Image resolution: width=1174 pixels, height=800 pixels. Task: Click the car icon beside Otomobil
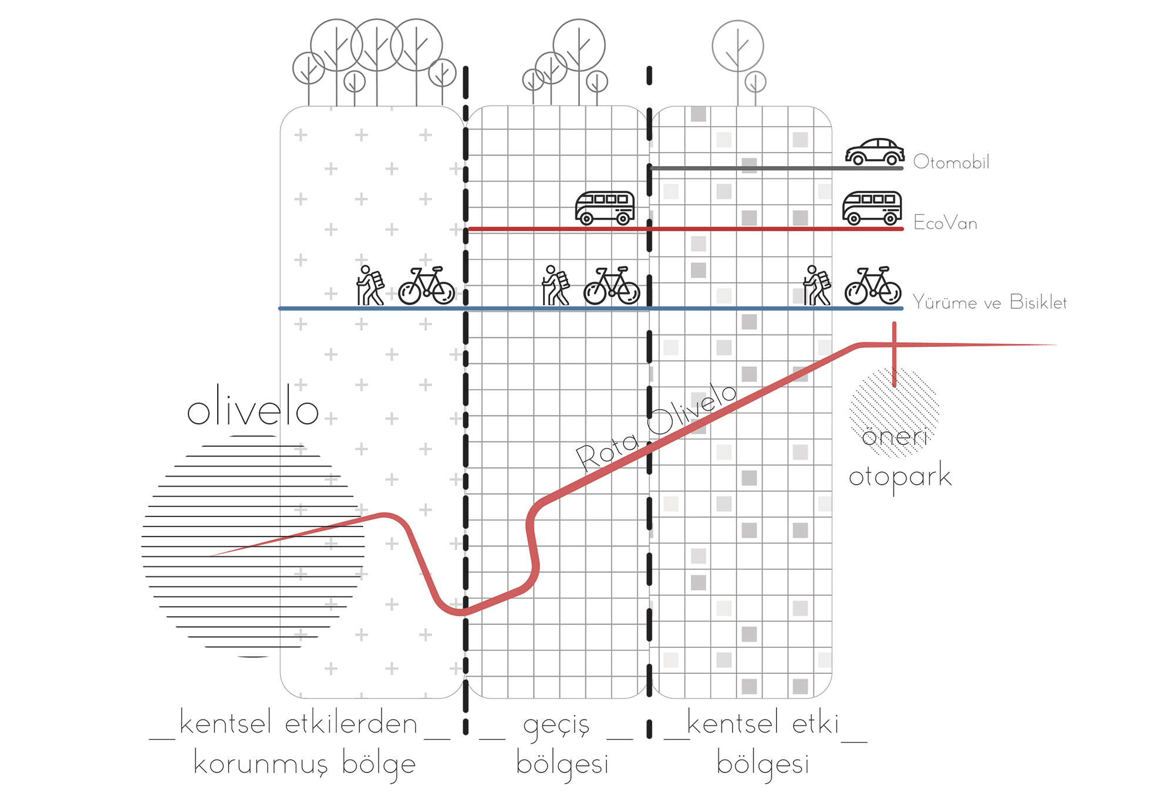pyautogui.click(x=875, y=152)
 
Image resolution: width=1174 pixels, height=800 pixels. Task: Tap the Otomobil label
pyautogui.click(x=951, y=162)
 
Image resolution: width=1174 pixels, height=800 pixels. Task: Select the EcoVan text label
pyautogui.click(x=945, y=223)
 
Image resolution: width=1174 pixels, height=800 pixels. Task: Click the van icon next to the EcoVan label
pyautogui.click(x=872, y=208)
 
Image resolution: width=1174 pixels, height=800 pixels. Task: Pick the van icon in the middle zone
pyautogui.click(x=605, y=208)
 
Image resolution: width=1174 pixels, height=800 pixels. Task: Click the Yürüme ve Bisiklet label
pyautogui.click(x=989, y=302)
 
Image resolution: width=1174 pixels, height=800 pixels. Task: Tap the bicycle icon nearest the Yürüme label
pyautogui.click(x=873, y=286)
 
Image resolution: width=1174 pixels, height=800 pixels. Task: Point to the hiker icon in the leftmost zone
pyautogui.click(x=370, y=286)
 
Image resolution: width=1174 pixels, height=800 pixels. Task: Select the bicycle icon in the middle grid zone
pyautogui.click(x=612, y=286)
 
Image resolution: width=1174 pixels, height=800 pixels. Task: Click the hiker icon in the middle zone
pyautogui.click(x=555, y=286)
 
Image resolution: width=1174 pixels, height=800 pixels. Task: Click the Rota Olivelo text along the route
pyautogui.click(x=655, y=427)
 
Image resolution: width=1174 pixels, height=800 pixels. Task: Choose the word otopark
pyautogui.click(x=899, y=477)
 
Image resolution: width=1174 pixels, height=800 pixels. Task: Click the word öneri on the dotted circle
pyautogui.click(x=894, y=437)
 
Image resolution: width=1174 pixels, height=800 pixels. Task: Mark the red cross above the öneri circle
pyautogui.click(x=894, y=346)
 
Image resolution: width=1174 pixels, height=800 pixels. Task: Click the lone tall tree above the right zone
pyautogui.click(x=738, y=53)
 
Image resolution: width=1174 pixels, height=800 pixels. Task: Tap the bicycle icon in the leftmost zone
pyautogui.click(x=427, y=286)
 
